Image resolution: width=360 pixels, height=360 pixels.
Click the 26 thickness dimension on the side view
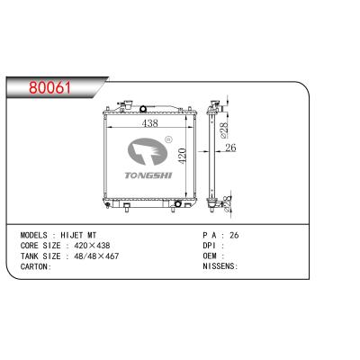tap(230, 148)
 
